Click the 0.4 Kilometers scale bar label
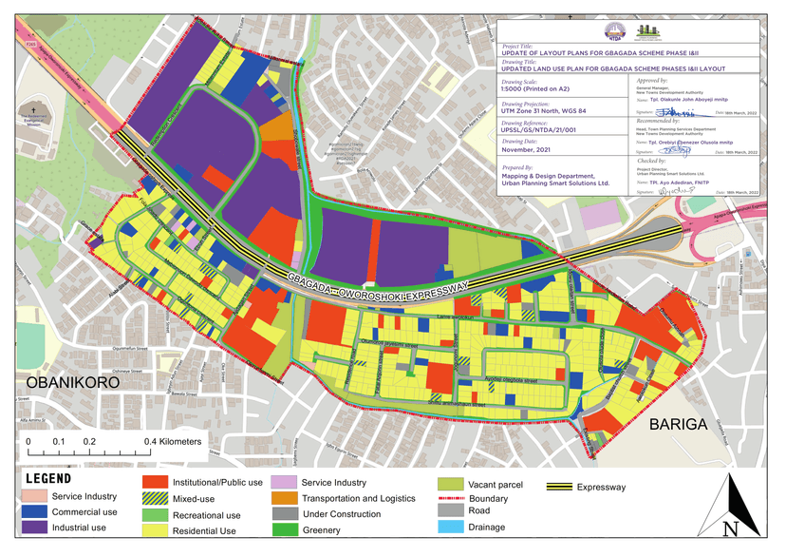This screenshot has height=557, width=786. (x=172, y=442)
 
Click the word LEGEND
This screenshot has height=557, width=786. (x=47, y=478)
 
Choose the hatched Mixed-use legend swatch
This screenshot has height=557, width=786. (x=156, y=497)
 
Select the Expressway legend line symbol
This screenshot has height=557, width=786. (x=569, y=488)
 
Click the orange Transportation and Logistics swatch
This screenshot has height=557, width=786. (x=284, y=498)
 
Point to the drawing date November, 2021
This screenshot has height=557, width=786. (x=527, y=150)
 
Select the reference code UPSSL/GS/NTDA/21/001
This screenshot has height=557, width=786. (x=546, y=130)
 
